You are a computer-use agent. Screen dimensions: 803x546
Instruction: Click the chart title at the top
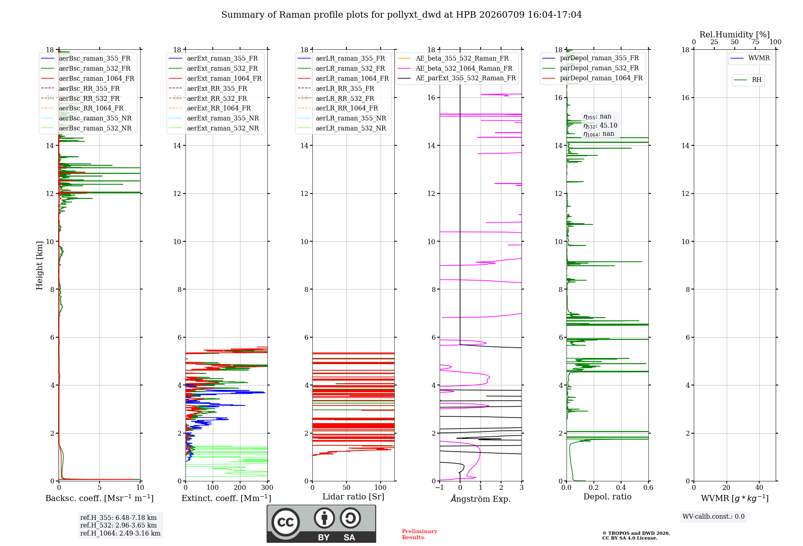click(x=401, y=15)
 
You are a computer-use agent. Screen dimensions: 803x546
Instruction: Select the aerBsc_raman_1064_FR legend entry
click(x=88, y=78)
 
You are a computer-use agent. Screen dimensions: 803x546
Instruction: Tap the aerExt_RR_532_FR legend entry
click(x=208, y=98)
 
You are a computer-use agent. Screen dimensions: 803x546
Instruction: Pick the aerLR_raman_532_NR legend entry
click(x=342, y=128)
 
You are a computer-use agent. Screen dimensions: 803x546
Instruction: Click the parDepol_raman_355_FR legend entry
click(x=591, y=58)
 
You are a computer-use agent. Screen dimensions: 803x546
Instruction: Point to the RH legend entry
click(x=748, y=80)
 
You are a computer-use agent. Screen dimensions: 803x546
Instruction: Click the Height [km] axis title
click(x=39, y=265)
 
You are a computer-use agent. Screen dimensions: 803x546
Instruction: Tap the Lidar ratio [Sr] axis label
click(x=353, y=497)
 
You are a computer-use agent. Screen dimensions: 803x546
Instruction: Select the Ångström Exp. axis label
click(x=481, y=499)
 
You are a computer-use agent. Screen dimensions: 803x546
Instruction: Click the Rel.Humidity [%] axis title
click(x=735, y=35)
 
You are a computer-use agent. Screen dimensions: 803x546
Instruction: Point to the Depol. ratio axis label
click(x=607, y=497)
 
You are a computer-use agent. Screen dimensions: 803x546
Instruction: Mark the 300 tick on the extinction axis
click(x=267, y=487)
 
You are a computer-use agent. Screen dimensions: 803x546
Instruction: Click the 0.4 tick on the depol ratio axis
click(x=621, y=487)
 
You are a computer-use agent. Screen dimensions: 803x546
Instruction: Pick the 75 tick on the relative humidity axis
click(x=755, y=42)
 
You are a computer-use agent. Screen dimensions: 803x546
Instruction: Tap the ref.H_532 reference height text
click(x=118, y=525)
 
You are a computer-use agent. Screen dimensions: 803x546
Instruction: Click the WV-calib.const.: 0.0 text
click(x=713, y=517)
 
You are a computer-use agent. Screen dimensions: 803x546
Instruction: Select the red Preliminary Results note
click(x=420, y=534)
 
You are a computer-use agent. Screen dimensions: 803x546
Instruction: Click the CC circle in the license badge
click(x=285, y=522)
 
